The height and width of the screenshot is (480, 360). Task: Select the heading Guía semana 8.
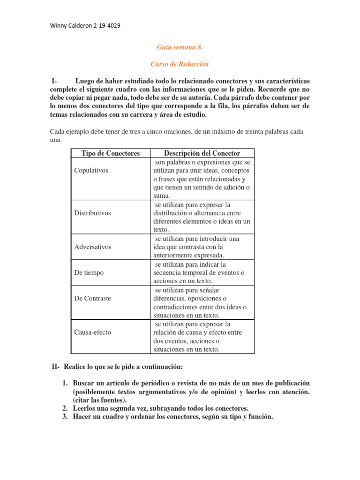point(180,47)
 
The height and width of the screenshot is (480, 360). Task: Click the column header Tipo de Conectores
point(111,153)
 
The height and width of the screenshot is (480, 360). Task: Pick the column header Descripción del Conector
point(202,153)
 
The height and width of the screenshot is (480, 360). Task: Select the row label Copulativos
point(91,170)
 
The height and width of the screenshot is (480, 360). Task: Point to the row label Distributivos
point(92,213)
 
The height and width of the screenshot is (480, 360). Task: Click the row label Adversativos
point(93,247)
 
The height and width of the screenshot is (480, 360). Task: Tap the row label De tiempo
point(89,272)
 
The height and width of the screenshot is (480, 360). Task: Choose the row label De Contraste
point(93,298)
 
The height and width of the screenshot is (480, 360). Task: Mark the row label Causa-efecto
point(93,332)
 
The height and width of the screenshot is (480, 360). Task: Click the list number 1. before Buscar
point(66,383)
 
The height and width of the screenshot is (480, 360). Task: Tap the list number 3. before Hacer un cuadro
point(66,417)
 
